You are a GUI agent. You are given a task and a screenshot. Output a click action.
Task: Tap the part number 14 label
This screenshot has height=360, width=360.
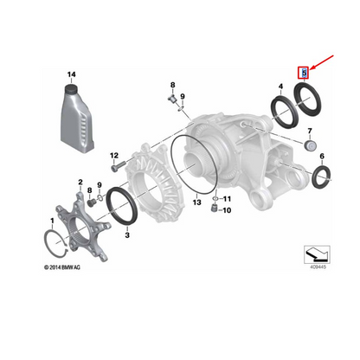(x=72, y=77)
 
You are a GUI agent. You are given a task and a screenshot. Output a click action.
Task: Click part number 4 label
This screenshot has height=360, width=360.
(x=280, y=86)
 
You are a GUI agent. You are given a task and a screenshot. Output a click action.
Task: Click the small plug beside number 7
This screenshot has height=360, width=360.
(x=308, y=147)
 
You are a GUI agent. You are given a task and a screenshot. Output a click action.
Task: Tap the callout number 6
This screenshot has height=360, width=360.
(x=323, y=157)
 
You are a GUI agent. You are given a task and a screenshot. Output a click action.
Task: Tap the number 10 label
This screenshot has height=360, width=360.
(x=228, y=210)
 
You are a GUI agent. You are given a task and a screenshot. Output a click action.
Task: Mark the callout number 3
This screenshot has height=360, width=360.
(x=127, y=235)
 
